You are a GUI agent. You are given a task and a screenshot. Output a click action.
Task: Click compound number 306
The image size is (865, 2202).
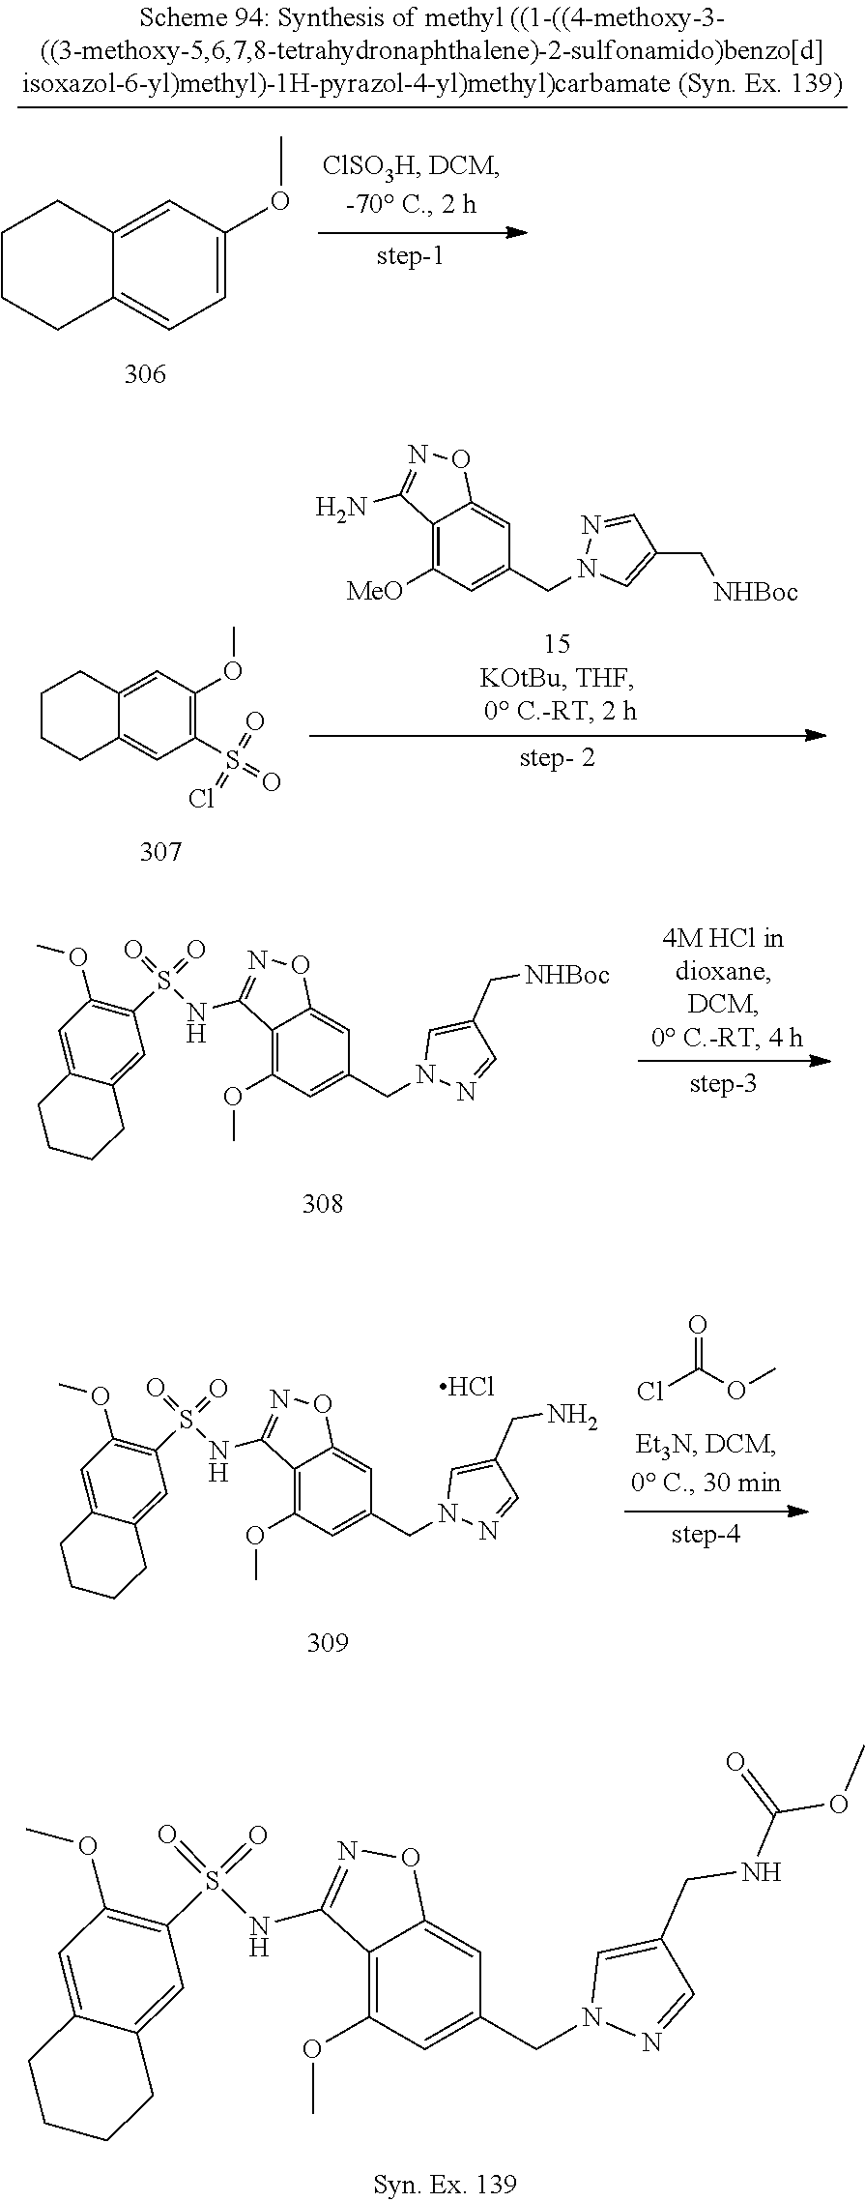[x=145, y=373]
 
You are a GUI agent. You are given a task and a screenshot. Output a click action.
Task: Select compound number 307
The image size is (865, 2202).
[x=160, y=851]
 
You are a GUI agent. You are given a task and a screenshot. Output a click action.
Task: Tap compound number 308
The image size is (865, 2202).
[x=323, y=1203]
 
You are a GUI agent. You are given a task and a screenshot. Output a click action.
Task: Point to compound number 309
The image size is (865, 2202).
[x=328, y=1642]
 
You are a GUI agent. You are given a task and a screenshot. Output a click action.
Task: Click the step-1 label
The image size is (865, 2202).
[x=411, y=257]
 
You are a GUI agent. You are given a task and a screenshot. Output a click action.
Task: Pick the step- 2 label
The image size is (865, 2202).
[x=558, y=758]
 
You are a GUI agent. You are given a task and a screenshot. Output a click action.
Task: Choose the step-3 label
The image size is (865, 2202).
[x=723, y=1083]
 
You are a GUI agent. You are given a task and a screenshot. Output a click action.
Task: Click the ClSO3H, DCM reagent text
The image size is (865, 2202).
[x=412, y=168]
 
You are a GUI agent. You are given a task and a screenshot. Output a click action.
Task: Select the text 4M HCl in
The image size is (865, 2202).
[x=723, y=938]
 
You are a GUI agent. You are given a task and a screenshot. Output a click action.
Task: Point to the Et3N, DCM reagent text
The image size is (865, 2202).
[x=706, y=1446]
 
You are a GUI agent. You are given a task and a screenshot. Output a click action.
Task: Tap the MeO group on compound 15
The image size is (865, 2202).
[x=375, y=590]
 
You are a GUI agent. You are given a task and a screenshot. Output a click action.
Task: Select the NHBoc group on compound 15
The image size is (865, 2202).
[x=756, y=592]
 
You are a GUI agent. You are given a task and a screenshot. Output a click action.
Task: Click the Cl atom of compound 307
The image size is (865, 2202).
[x=202, y=799]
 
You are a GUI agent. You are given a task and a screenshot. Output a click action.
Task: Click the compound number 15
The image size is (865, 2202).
[x=558, y=643]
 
